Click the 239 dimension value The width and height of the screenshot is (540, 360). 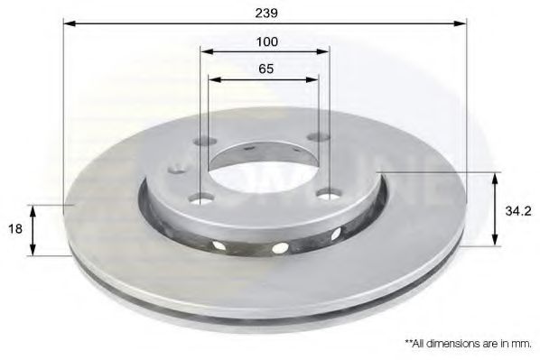266,13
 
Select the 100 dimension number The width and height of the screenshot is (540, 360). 267,42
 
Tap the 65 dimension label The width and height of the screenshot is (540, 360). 265,69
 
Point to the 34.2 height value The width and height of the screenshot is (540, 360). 518,210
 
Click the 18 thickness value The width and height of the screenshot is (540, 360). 14,228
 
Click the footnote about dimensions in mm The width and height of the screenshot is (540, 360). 468,344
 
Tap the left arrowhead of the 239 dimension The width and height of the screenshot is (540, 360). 70,23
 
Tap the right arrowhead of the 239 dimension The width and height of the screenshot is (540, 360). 461,23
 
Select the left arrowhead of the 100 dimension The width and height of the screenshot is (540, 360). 207,51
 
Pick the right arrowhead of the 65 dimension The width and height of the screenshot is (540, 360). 312,79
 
